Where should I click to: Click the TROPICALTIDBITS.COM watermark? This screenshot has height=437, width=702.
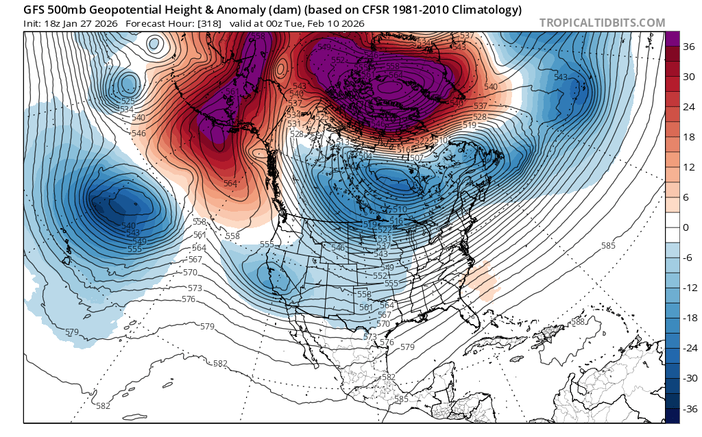602,23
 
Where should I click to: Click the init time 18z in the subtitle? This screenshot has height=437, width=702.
53,23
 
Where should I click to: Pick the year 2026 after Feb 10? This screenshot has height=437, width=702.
350,23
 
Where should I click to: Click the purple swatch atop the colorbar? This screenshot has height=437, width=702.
673,39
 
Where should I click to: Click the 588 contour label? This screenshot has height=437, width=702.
578,322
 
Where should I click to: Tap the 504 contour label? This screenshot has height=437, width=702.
366,156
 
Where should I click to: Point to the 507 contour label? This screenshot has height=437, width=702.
415,158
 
